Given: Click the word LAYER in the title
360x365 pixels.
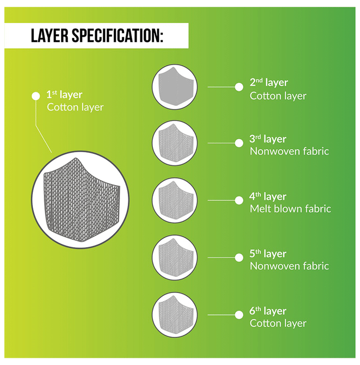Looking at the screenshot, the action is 50,35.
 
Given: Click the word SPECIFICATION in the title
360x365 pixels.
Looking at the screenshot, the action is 117,35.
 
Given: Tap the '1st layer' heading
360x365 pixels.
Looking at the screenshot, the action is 64,95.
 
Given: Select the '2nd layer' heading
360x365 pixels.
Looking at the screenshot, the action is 269,82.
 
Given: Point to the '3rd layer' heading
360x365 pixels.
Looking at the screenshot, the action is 268,139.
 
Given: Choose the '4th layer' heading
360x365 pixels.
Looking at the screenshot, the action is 268,197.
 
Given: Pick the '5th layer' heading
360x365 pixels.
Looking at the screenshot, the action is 268,254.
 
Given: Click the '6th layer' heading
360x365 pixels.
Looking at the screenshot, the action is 268,311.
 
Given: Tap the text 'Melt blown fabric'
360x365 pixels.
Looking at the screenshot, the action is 291,209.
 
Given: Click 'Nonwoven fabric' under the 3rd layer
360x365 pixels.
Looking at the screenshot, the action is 290,151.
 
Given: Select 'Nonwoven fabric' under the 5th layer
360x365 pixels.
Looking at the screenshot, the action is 290,266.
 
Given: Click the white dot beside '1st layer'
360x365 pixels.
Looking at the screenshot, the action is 36,96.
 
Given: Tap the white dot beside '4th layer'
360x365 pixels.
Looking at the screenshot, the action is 239,200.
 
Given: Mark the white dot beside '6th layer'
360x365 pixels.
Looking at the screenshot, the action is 239,315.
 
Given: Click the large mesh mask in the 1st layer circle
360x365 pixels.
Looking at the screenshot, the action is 81,200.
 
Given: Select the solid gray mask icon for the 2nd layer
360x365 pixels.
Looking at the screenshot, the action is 176,87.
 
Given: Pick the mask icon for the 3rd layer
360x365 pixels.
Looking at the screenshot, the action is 176,143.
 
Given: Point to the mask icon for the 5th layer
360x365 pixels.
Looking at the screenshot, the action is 176,258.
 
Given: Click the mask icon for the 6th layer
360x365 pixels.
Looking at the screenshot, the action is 176,315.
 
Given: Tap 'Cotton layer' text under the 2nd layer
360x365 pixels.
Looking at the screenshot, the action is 278,96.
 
